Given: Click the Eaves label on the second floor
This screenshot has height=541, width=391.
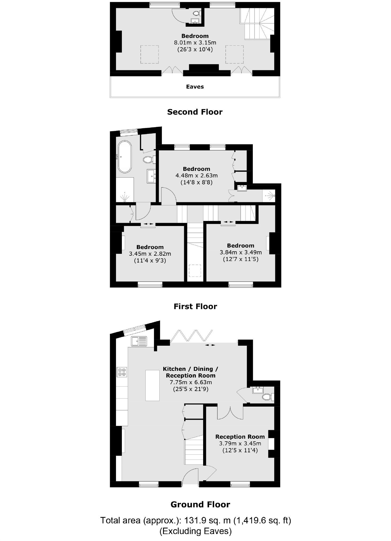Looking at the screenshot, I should (x=195, y=87).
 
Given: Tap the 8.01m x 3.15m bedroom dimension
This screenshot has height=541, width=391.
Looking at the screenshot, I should (x=195, y=43).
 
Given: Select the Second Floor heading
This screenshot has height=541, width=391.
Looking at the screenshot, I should (x=195, y=112).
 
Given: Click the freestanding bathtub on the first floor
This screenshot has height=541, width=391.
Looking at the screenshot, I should (x=125, y=157).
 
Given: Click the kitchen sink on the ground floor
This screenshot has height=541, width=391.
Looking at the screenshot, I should (x=139, y=341).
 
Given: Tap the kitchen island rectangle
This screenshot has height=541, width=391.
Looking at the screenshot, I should (x=152, y=385).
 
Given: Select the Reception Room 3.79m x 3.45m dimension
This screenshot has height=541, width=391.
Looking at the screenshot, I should (x=240, y=443).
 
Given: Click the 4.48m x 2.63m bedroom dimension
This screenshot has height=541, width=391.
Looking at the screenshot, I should (x=196, y=176).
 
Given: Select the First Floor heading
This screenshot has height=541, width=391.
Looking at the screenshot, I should (x=195, y=306).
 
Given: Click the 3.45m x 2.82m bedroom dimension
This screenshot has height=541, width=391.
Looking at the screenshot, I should (x=150, y=254).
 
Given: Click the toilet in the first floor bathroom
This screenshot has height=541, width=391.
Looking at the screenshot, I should (x=148, y=160).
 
